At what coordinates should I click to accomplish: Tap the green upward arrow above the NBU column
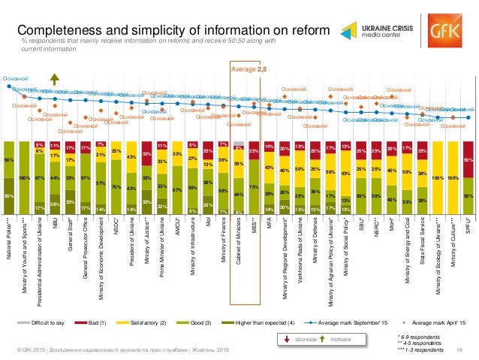pyautogui.click(x=55, y=82)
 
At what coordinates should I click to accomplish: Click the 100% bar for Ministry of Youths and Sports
pyautogui.click(x=25, y=177)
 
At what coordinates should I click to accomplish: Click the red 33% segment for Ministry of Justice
pyautogui.click(x=146, y=153)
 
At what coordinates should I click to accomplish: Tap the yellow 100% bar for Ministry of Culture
pyautogui.click(x=452, y=177)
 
